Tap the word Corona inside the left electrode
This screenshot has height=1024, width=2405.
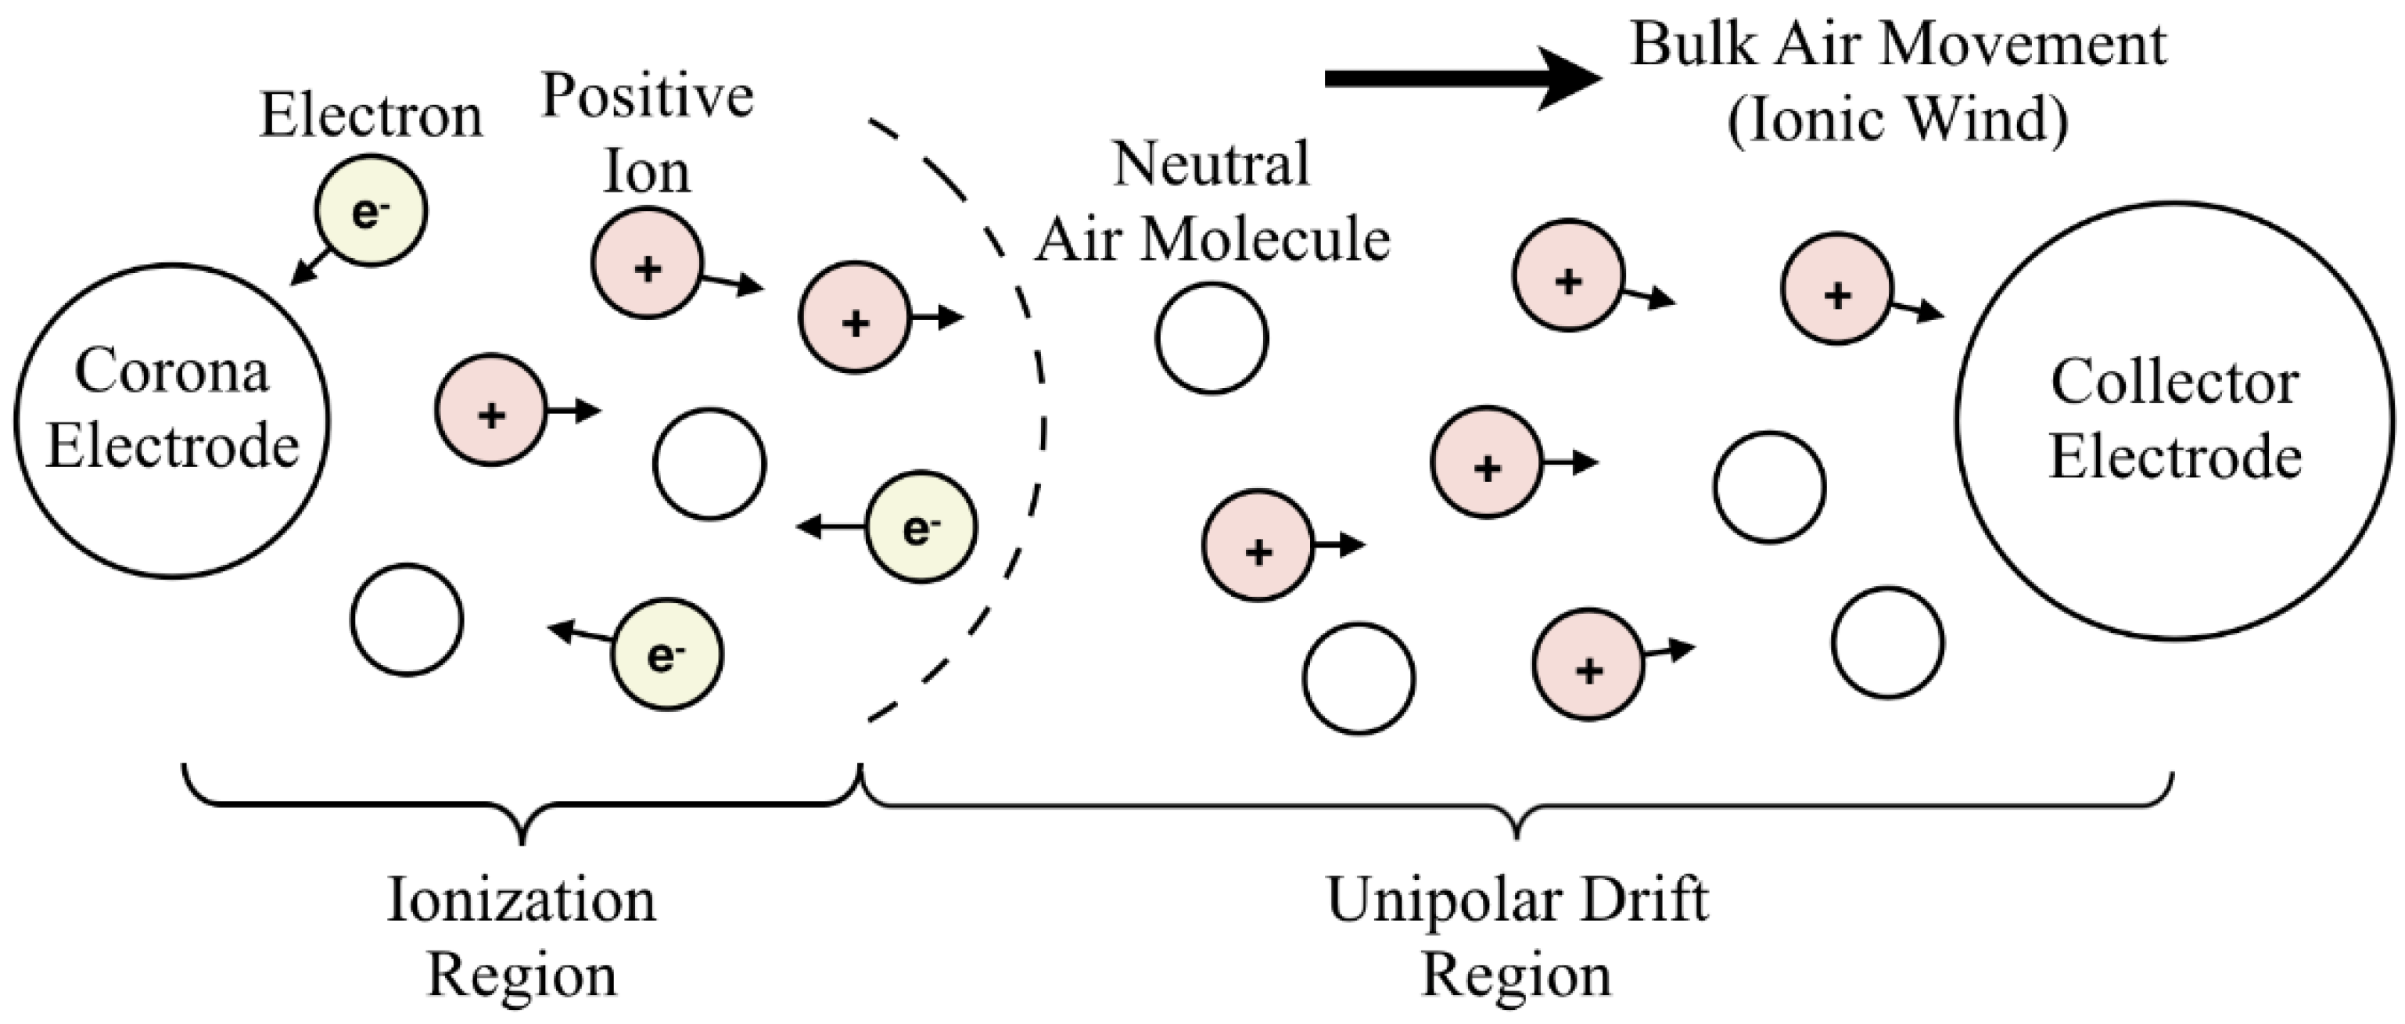(172, 372)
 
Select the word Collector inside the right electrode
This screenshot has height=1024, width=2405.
(2174, 383)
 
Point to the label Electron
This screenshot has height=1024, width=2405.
(371, 116)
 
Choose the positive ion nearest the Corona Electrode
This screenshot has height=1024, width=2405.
(491, 410)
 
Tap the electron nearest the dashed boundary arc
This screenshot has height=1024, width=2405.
(921, 527)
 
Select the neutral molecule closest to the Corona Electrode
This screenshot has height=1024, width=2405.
(407, 620)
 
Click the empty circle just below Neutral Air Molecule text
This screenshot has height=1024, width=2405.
(1211, 338)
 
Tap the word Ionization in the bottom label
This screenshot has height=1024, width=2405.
(522, 900)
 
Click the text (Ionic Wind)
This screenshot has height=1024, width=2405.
(1898, 120)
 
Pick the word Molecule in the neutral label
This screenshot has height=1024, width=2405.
(1267, 241)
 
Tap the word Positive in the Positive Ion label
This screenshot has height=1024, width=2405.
(648, 95)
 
